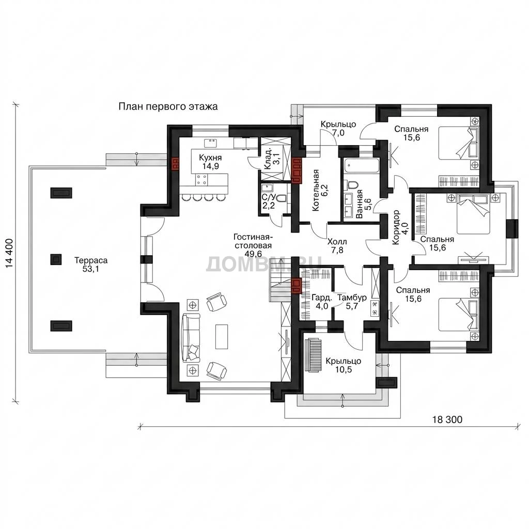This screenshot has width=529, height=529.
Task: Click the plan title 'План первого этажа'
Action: [168, 107]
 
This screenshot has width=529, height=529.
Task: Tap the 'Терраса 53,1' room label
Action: [91, 264]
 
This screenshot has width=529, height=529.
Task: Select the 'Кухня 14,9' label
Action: [210, 162]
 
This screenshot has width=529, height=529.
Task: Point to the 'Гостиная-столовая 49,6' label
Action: [253, 245]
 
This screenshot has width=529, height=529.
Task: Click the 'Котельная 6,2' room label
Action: [320, 190]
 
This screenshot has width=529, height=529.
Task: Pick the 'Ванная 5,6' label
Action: [363, 204]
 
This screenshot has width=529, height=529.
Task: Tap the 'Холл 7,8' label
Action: [337, 246]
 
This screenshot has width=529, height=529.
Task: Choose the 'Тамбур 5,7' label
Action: [352, 302]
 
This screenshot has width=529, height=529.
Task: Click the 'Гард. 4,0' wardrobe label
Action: [321, 302]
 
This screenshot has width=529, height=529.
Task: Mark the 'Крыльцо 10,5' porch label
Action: [344, 365]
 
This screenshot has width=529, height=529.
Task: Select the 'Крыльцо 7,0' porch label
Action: [338, 129]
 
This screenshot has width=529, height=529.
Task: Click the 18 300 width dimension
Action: [447, 419]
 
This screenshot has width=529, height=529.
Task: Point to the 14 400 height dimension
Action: [9, 254]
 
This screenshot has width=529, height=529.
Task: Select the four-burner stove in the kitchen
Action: [202, 179]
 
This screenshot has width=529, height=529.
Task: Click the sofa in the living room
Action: [191, 338]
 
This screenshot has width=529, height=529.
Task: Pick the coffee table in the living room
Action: [221, 337]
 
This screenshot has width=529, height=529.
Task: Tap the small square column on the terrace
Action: [56, 259]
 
